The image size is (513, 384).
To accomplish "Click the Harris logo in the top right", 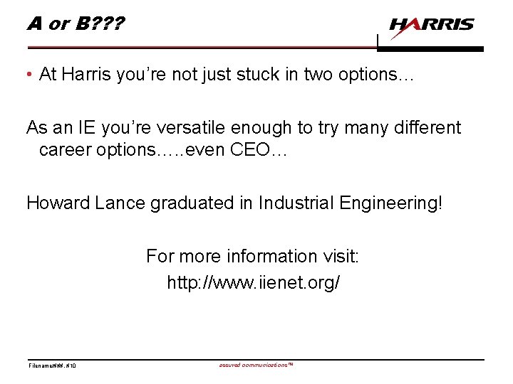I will [432, 26].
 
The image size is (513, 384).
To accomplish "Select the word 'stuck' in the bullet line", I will [246, 75].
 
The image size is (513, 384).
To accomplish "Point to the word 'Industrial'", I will [280, 203].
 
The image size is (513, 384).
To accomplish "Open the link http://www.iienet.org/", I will [254, 282].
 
